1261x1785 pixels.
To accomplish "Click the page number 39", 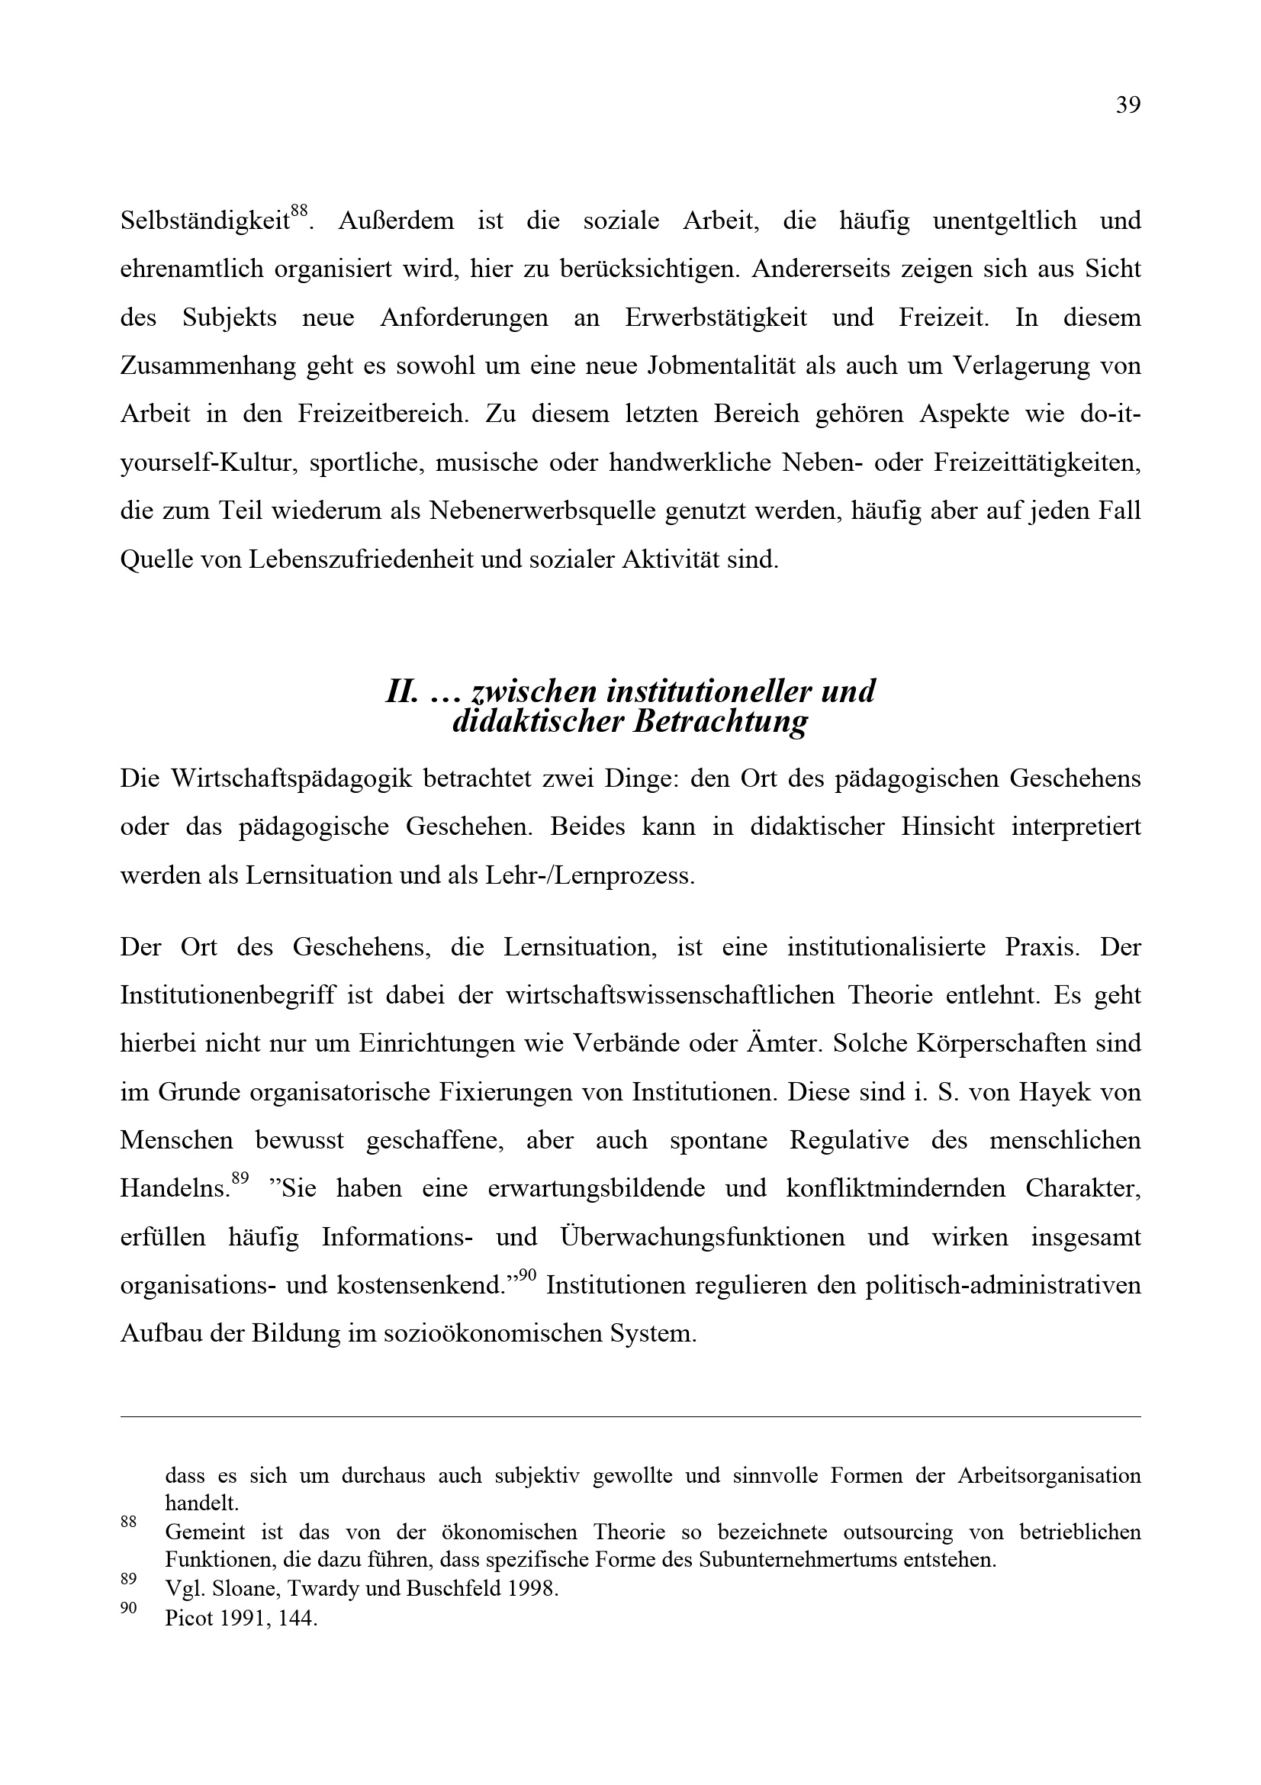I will tap(1128, 105).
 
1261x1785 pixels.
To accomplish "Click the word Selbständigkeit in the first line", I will tap(205, 221).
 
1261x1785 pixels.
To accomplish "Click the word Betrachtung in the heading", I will tap(720, 722).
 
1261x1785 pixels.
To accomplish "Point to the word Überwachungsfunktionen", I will tap(701, 1236).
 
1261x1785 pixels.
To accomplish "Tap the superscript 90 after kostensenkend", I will tap(527, 1275).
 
